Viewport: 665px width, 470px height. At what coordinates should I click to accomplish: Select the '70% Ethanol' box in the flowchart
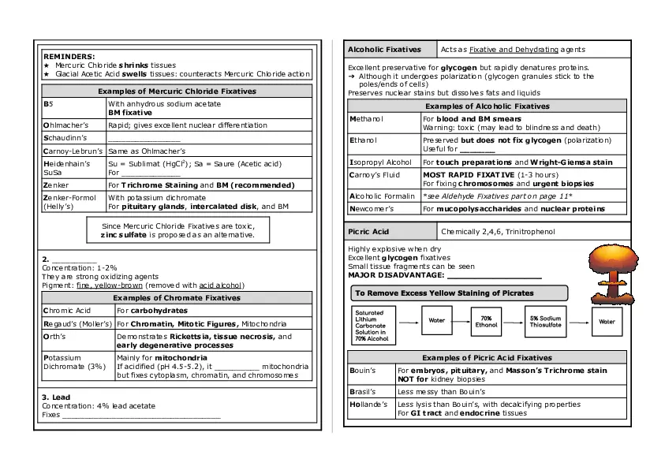click(487, 322)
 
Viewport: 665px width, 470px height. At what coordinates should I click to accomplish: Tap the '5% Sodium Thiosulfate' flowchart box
click(545, 322)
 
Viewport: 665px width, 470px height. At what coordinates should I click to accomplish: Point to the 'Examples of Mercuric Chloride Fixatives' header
click(177, 91)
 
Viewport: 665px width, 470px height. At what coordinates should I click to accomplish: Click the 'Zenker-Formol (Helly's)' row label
click(70, 202)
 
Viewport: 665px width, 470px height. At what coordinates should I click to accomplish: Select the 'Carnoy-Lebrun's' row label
click(69, 150)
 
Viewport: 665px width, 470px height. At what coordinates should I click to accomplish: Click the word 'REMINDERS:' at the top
click(69, 57)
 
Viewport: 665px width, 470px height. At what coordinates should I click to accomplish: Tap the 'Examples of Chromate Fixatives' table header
click(177, 298)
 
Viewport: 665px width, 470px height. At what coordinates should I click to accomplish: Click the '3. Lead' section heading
click(56, 397)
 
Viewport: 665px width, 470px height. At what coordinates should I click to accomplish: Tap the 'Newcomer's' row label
click(372, 209)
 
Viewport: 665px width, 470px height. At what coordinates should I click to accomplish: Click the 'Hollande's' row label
click(369, 404)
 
